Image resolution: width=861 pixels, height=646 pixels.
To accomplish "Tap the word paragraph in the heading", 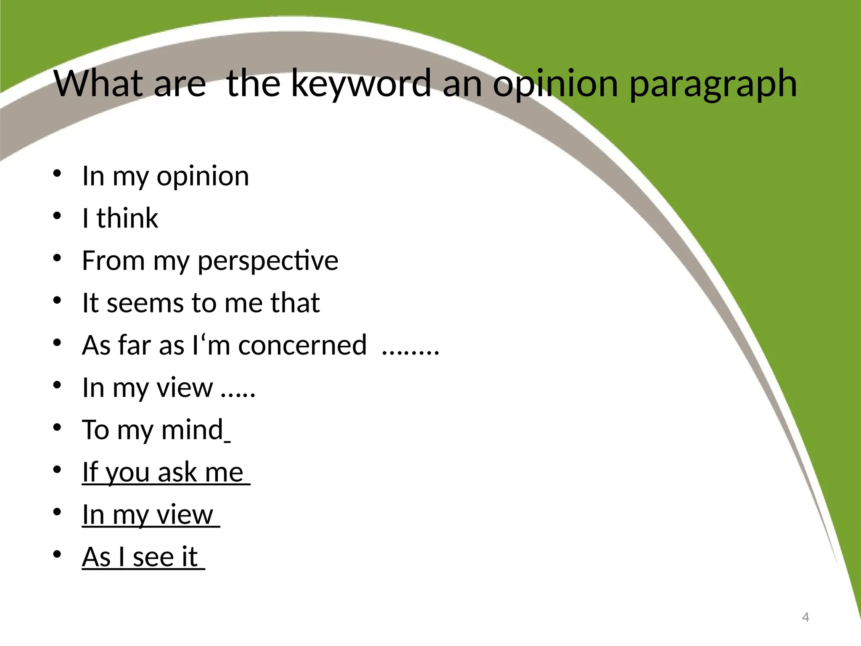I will tap(713, 84).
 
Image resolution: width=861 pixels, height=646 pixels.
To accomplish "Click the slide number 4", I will tap(806, 617).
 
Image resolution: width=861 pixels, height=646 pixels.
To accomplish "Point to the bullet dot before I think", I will tap(58, 216).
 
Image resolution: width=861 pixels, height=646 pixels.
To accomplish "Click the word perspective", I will tap(268, 261).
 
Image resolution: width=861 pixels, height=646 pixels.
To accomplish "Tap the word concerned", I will tap(302, 345).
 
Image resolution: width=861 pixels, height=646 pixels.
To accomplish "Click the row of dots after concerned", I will tap(410, 350).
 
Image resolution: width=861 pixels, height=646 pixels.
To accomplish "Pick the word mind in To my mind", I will tap(193, 430).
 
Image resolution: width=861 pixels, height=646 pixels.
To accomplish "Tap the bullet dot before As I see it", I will tap(58, 554).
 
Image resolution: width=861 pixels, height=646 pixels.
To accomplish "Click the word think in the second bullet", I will tap(127, 218).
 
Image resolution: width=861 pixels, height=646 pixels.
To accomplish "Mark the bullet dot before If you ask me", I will tap(58, 469).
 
